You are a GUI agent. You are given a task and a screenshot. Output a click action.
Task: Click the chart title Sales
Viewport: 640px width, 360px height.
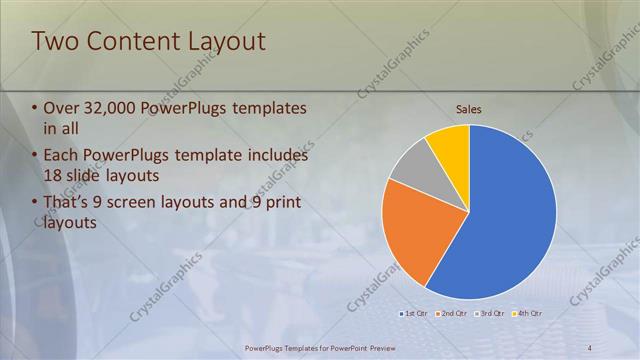[469, 108]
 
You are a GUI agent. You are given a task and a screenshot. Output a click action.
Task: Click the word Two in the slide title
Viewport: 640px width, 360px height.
[55, 41]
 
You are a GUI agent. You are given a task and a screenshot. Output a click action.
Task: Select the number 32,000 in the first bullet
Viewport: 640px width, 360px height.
[115, 108]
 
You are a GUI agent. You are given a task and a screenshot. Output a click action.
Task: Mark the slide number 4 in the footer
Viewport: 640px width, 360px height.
[589, 347]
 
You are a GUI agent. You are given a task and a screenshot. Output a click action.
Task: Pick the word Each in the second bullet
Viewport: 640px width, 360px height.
[63, 156]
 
